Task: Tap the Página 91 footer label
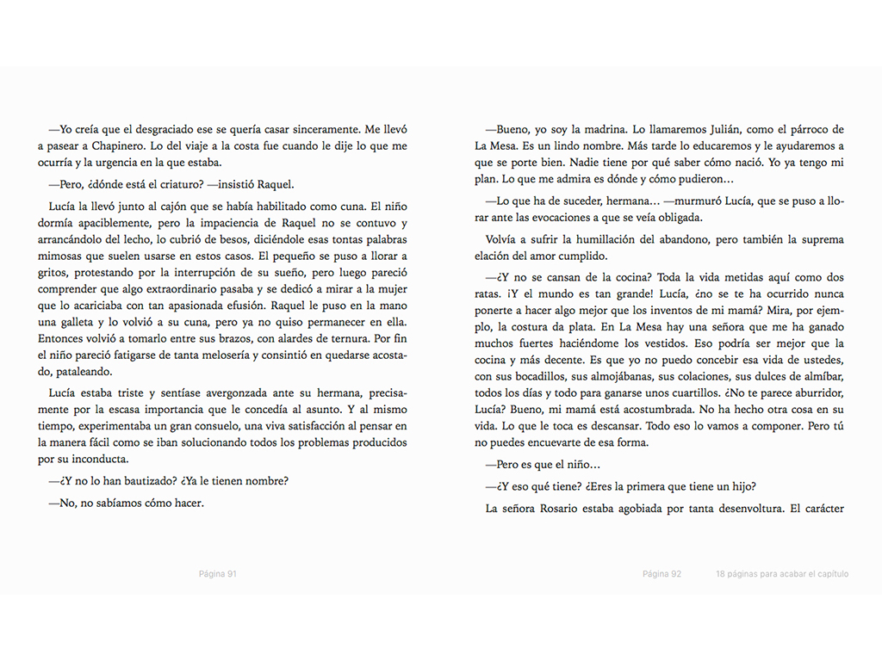tap(218, 574)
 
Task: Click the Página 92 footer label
tap(662, 574)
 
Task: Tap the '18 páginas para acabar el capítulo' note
tap(781, 574)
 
